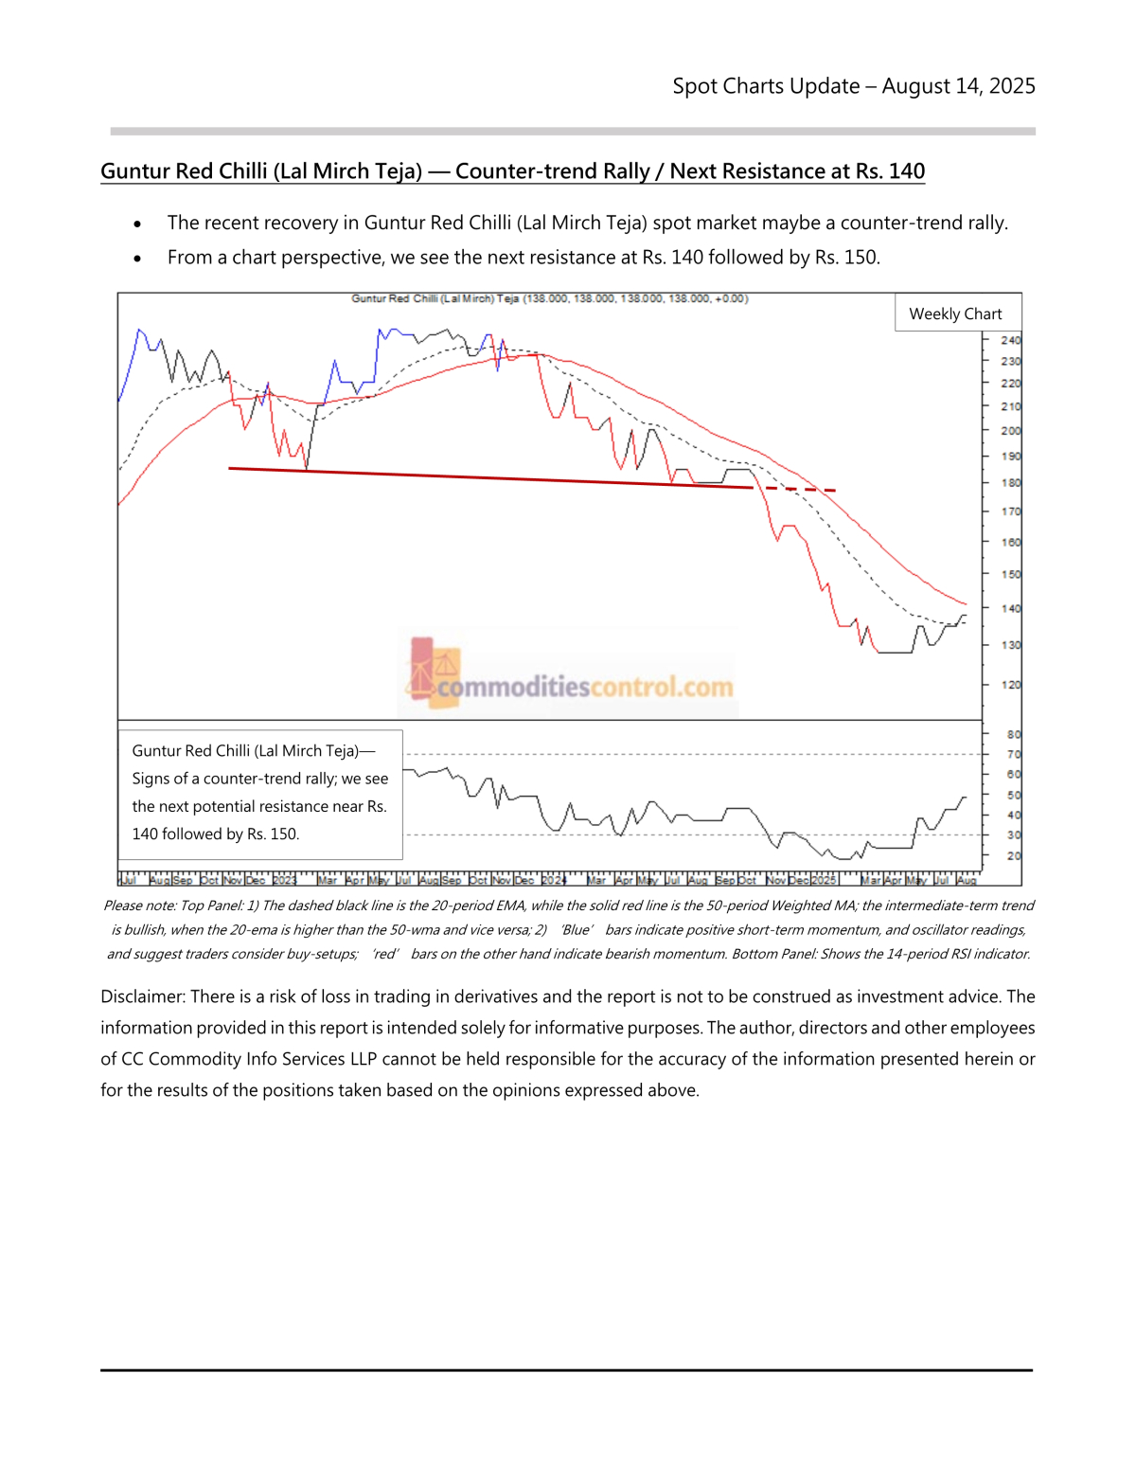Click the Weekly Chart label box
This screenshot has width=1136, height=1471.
(x=955, y=314)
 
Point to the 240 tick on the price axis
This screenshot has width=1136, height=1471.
(x=1010, y=340)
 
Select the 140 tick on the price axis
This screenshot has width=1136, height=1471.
(x=1010, y=609)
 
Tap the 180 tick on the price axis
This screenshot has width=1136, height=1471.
(x=1010, y=483)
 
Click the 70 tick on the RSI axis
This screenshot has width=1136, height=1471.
(x=1014, y=755)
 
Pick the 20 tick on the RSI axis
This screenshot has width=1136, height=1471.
(x=1014, y=856)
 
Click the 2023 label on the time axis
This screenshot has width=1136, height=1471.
(x=284, y=880)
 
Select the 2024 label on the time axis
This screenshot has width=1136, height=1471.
(x=554, y=880)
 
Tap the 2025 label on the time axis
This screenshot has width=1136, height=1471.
(x=824, y=880)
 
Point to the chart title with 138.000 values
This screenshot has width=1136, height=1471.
(x=549, y=298)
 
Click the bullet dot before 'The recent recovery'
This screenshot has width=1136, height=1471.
(x=138, y=224)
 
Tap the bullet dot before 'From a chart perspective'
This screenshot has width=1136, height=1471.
(x=138, y=259)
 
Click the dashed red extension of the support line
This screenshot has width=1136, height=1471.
(x=800, y=490)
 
